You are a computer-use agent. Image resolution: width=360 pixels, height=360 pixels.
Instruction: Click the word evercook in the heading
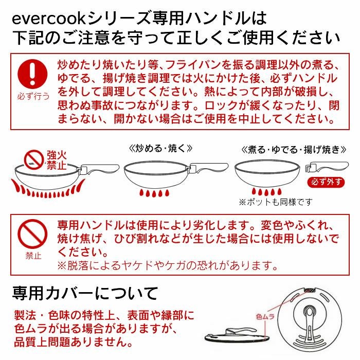click(48, 19)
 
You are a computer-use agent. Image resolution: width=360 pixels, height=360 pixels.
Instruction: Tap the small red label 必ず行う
click(33, 97)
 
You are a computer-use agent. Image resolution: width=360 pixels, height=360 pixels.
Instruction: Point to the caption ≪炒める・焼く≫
click(160, 148)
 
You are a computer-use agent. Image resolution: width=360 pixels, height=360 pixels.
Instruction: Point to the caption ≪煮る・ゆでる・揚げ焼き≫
click(292, 149)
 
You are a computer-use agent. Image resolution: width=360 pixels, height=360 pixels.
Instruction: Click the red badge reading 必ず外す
click(326, 182)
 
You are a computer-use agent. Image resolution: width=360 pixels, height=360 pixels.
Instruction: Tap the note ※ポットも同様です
click(275, 202)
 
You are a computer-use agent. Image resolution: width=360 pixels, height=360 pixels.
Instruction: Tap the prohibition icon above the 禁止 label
click(33, 235)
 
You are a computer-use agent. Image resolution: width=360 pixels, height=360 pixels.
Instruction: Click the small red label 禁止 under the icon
click(33, 256)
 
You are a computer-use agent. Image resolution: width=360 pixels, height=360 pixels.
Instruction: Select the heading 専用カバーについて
click(85, 293)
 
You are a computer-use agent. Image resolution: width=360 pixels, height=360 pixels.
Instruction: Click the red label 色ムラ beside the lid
click(266, 317)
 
